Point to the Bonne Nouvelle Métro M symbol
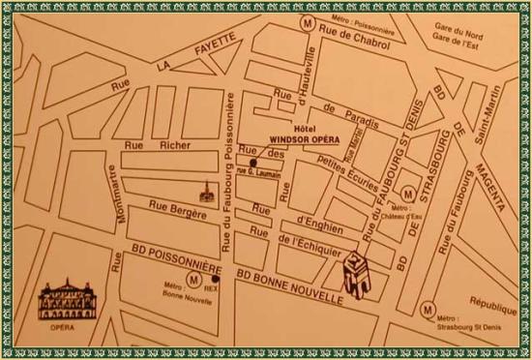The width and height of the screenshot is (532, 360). [194, 279]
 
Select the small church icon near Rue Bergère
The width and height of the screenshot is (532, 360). [205, 193]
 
